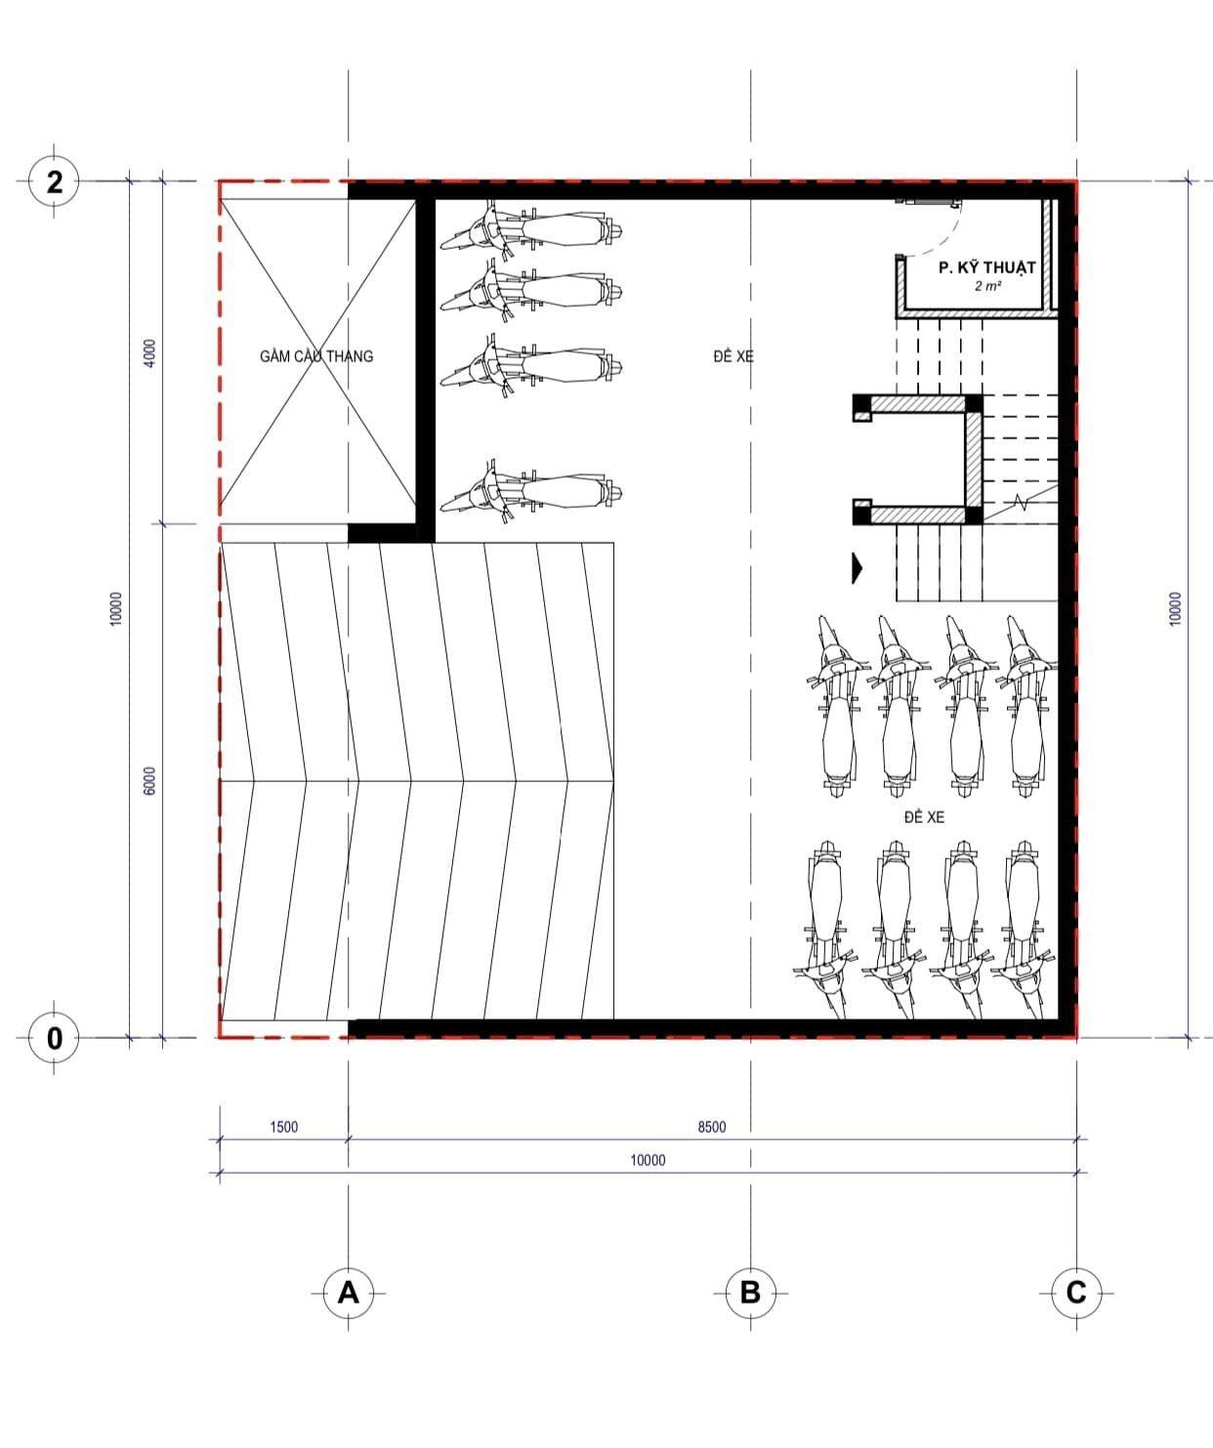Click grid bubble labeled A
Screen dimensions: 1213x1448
tap(348, 1293)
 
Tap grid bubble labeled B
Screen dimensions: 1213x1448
tap(750, 1293)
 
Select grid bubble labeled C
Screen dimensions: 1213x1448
tap(1076, 1293)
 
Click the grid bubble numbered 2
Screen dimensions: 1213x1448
tap(54, 182)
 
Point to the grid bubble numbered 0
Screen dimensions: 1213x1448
tap(54, 1038)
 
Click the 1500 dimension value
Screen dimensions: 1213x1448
tap(283, 1127)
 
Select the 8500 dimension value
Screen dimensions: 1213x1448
tap(712, 1127)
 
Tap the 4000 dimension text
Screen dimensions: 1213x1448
tap(150, 352)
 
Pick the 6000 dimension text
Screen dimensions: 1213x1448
tap(150, 781)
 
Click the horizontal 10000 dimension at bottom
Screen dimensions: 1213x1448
tap(648, 1160)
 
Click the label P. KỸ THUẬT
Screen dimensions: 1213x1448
tap(987, 268)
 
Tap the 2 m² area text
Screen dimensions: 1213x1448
tap(987, 286)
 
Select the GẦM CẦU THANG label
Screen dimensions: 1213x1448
tap(316, 356)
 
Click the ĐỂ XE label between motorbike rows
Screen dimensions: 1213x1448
tap(925, 817)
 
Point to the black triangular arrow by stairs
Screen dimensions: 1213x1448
tap(857, 568)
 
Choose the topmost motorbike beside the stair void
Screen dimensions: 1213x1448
tap(531, 228)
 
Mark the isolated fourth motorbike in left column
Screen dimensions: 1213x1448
tap(531, 492)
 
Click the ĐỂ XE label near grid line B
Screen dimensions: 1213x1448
tap(733, 356)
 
